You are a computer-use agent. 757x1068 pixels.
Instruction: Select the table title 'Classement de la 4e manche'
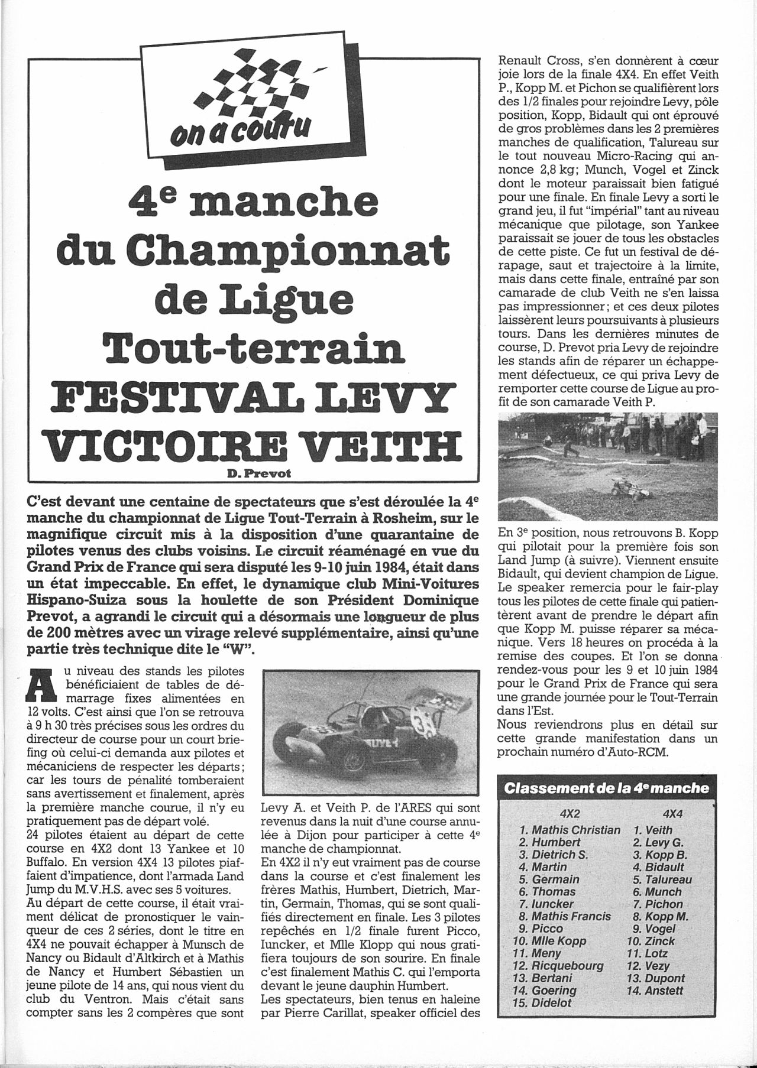coord(606,788)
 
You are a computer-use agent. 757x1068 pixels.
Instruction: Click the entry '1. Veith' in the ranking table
coord(645,830)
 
